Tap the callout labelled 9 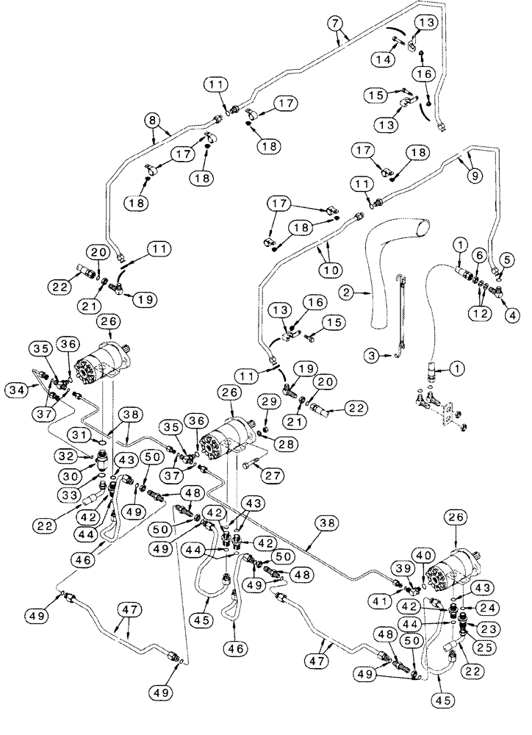tap(474, 175)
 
